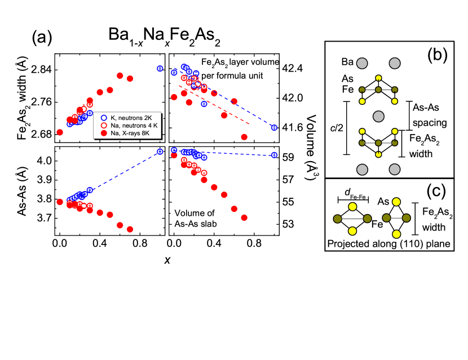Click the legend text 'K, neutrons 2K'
coord(131,117)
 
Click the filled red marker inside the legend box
coord(104,133)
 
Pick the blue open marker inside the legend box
coord(104,117)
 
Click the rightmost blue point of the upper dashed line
coord(274,128)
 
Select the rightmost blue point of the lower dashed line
coord(274,155)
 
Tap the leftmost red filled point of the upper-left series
coord(60,132)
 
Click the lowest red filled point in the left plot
coord(130,229)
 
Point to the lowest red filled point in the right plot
coord(244,217)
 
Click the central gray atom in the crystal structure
coord(378,116)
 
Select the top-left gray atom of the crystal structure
coord(362,64)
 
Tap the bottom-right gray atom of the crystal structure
coord(395,169)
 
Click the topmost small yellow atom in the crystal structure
coord(378,78)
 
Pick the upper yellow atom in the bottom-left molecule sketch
coord(352,207)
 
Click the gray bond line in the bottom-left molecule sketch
coord(352,219)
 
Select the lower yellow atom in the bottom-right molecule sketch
coord(396,234)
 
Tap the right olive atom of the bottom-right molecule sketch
coord(406,218)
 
